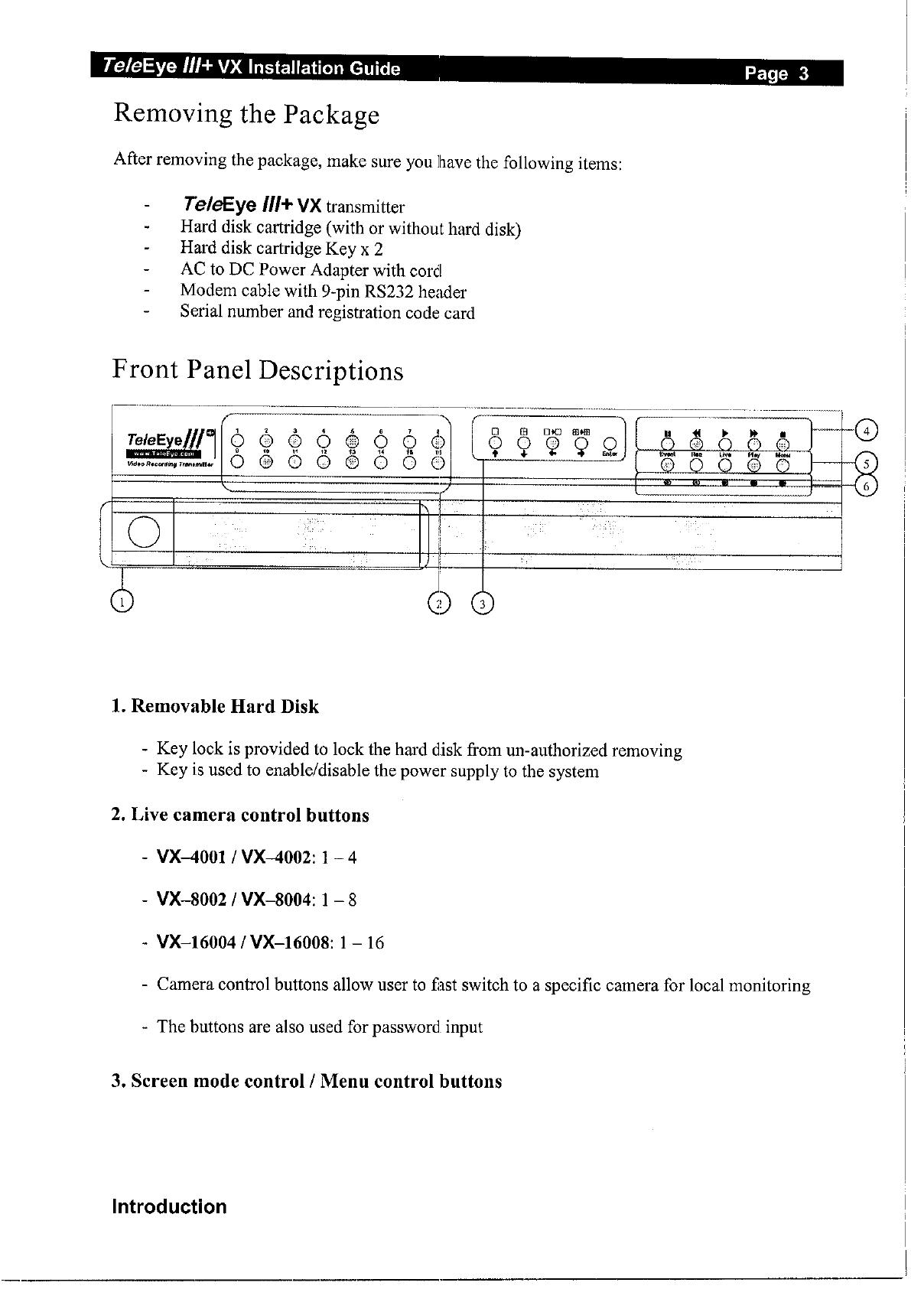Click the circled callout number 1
coord(122,601)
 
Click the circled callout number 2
coord(439,604)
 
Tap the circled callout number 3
coord(483,604)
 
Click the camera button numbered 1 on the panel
coord(238,441)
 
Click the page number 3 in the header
coord(803,74)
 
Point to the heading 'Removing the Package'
coord(246,115)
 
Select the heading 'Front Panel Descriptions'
coord(258,370)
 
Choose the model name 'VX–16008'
coord(286,942)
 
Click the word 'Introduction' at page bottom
coord(169,1206)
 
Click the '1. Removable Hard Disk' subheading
coord(215,706)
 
